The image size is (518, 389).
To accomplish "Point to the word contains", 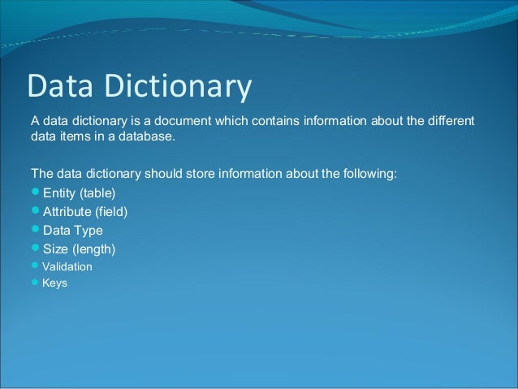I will [x=278, y=122].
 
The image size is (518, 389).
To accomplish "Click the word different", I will [x=447, y=122].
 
